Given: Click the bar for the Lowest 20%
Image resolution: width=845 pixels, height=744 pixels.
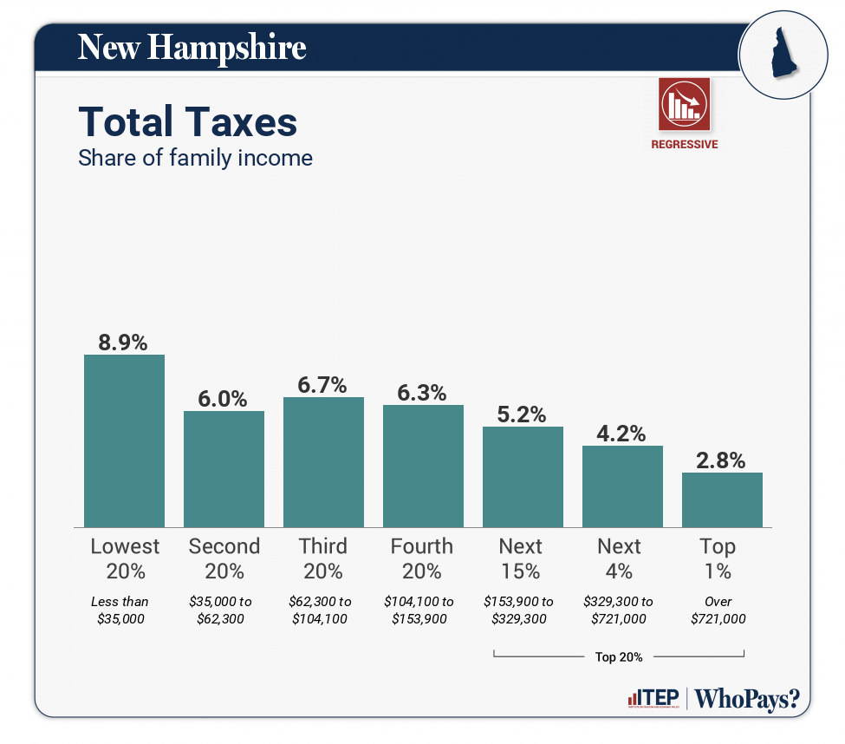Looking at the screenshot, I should tap(124, 441).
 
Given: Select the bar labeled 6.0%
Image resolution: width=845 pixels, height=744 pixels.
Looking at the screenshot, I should tap(224, 468).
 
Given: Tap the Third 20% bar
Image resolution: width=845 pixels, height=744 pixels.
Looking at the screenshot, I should tap(323, 461).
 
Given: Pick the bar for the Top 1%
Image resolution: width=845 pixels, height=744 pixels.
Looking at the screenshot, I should tap(722, 499).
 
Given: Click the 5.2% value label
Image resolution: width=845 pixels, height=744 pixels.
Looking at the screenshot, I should tap(522, 415).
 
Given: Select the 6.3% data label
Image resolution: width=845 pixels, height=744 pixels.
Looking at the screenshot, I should tap(423, 394).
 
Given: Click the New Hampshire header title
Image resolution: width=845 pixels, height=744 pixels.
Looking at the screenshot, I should tap(192, 47).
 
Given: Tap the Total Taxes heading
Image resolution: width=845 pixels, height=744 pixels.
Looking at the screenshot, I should tap(188, 122).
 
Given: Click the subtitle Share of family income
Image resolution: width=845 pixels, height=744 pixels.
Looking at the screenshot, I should tap(195, 158).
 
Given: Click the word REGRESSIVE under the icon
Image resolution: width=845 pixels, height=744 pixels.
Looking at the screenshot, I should tap(685, 145).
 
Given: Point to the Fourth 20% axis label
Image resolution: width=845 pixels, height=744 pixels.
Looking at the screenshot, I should tap(422, 558).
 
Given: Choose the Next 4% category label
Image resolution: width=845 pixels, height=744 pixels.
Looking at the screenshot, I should tap(620, 558).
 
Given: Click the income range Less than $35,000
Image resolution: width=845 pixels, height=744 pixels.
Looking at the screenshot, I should tap(120, 610).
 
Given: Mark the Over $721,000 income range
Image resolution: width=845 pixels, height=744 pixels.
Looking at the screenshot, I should tap(718, 610).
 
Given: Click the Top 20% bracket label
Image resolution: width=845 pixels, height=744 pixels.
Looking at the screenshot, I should tap(619, 656).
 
